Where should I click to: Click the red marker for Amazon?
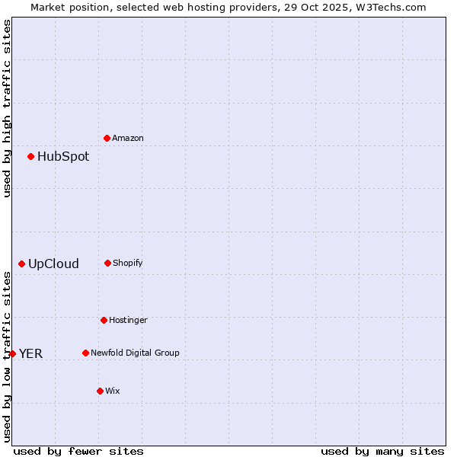[107, 138]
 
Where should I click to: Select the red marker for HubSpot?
[30, 156]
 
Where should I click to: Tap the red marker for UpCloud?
[21, 264]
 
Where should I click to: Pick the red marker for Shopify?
[107, 263]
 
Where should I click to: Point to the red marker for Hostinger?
[104, 320]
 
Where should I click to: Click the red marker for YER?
[12, 353]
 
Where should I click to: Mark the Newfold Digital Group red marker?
[85, 353]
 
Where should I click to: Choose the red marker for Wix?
[100, 391]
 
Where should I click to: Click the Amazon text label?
[128, 138]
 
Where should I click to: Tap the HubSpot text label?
[63, 156]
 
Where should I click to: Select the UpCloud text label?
[53, 264]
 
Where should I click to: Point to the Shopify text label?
[128, 263]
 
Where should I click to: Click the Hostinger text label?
[128, 320]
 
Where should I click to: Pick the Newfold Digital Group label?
[135, 353]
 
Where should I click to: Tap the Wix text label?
[113, 391]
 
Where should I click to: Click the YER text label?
[30, 353]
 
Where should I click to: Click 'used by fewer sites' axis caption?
[78, 451]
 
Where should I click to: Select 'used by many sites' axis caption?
[382, 451]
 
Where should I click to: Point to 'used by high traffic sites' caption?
[7, 108]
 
